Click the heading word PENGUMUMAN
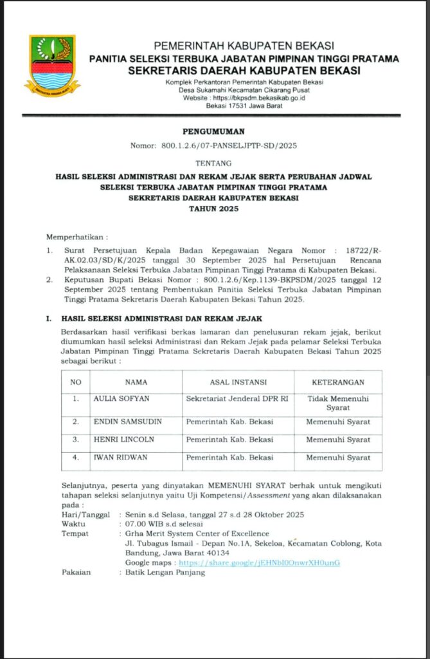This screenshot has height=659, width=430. click(x=215, y=131)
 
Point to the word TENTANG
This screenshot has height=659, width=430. click(x=215, y=162)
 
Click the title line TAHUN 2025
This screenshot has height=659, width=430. click(x=215, y=209)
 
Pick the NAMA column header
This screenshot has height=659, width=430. click(x=136, y=382)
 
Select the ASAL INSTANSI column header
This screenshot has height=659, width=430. click(x=238, y=382)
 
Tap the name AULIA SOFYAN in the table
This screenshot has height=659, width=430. click(x=121, y=398)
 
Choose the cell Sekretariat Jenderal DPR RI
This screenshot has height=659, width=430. click(x=237, y=398)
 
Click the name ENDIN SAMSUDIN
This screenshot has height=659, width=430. click(x=127, y=422)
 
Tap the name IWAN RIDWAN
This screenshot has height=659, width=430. click(x=121, y=458)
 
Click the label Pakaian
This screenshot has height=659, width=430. click(x=76, y=572)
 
